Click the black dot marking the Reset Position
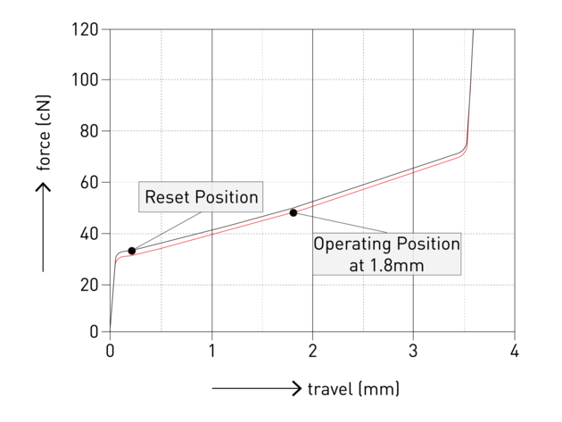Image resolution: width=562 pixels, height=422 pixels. point(132,251)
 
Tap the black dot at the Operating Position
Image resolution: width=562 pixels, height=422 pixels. point(293,212)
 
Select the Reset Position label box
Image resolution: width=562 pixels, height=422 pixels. point(201,197)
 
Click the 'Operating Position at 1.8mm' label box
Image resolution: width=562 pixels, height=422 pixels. point(387,254)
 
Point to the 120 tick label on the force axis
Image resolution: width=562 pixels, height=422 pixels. point(85,29)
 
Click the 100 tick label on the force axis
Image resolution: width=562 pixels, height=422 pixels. point(85,79)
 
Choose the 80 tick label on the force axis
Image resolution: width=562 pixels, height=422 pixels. point(89,131)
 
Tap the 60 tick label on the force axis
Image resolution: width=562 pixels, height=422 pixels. point(89,182)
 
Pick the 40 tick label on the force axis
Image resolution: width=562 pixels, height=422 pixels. point(89,234)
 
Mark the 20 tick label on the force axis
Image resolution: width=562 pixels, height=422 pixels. point(89,285)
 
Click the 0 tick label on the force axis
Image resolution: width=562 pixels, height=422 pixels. point(94,332)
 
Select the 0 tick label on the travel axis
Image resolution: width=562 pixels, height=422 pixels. point(110,351)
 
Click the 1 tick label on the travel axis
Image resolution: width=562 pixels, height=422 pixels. point(211,351)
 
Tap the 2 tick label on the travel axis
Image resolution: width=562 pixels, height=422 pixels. point(312,351)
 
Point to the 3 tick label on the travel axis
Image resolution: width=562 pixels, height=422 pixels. point(413,351)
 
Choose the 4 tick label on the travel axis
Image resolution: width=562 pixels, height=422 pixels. point(515,351)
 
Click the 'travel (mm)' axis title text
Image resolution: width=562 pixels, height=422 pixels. point(353,389)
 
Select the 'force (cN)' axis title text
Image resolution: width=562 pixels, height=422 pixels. point(44,133)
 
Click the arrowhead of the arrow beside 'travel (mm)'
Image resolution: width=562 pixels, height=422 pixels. point(297,388)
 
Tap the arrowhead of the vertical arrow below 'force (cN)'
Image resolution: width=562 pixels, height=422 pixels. point(43,187)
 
